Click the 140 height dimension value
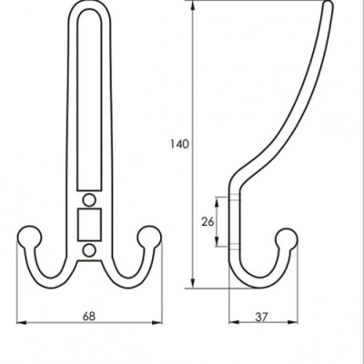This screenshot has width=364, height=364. click(179, 144)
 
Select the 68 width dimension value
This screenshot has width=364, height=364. click(88, 316)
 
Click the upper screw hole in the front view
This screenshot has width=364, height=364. click(88, 197)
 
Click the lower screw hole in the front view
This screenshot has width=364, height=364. click(88, 248)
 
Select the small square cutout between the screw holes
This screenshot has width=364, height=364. click(88, 222)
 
